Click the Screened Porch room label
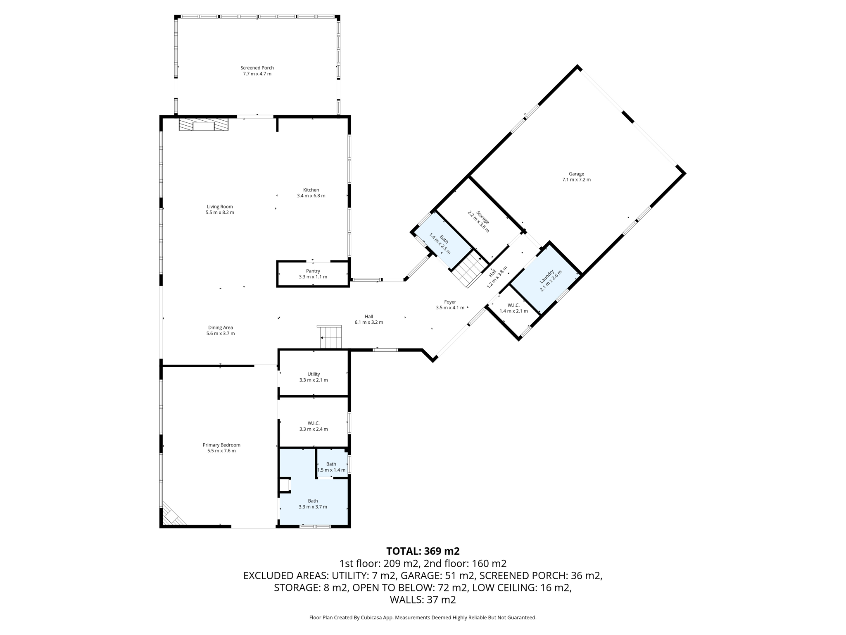[x=257, y=68]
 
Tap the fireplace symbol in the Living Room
[x=204, y=125]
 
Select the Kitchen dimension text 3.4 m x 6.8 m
[x=311, y=196]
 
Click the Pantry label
[x=313, y=271]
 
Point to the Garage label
[x=576, y=174]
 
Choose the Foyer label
[x=450, y=302]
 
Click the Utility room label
[x=314, y=374]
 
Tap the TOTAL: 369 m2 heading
[x=423, y=551]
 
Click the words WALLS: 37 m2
[x=423, y=599]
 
